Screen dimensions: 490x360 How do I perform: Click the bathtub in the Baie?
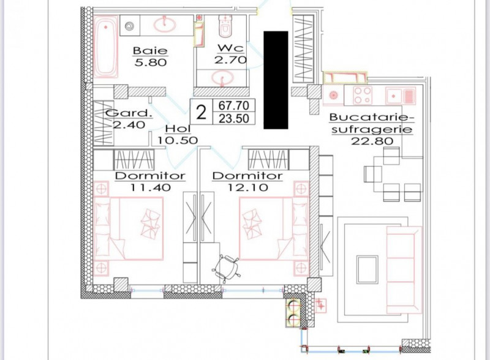pos(106,47)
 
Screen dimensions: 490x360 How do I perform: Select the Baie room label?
pos(150,50)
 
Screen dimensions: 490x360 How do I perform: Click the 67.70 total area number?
pos(234,106)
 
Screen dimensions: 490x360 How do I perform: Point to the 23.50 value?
pos(234,119)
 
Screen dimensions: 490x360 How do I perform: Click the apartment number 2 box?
pos(202,112)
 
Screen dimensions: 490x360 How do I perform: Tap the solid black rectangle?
pos(276,80)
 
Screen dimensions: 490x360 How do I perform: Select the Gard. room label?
pos(129,113)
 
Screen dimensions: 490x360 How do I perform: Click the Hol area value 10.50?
pos(178,140)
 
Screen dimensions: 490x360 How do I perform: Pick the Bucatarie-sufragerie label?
pos(372,123)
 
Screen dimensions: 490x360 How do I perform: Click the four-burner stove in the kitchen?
pos(363,96)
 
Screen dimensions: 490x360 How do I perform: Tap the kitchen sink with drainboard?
pos(401,96)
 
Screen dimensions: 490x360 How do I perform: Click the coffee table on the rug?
pos(367,269)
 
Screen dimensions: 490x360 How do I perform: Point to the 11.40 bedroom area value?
pos(150,187)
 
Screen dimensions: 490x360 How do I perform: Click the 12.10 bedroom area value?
pos(248,187)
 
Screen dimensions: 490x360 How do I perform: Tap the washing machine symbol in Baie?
pos(129,26)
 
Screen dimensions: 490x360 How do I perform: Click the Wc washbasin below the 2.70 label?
pos(222,77)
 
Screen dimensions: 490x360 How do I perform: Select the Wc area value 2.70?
pos(231,59)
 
